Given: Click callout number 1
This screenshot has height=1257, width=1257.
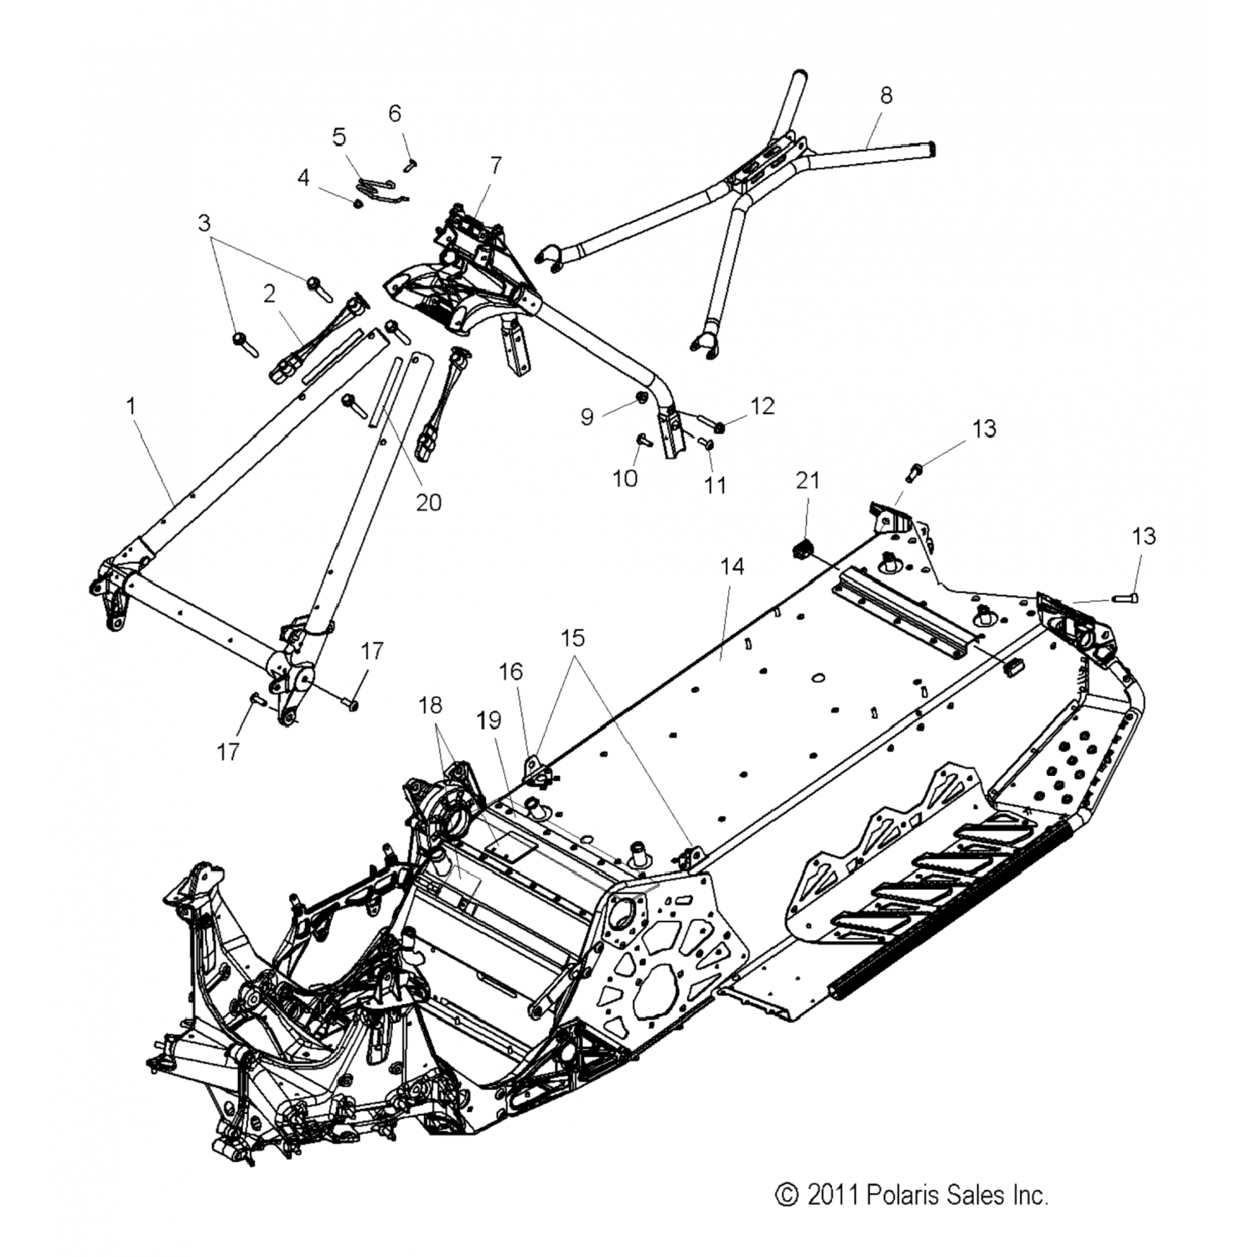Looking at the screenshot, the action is (131, 406).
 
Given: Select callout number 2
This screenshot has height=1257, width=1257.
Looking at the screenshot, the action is (269, 294).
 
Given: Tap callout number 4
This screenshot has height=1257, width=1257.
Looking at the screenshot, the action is (303, 178).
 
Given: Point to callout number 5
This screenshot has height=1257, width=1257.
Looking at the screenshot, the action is (339, 137).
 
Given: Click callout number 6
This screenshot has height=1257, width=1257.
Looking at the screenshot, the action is (395, 113).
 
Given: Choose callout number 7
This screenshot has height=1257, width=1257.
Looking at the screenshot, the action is (496, 165).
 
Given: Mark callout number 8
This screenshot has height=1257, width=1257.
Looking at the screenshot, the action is (886, 96).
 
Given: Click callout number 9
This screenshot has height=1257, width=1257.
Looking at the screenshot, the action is (587, 416).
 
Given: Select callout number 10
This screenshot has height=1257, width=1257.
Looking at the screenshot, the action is (625, 478).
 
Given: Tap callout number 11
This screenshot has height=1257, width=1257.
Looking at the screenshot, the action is (715, 484).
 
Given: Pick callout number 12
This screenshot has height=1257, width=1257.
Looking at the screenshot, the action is (763, 406).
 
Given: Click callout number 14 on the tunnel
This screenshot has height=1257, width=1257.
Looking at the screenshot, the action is (732, 567).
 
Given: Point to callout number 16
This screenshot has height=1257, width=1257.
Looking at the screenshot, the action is (510, 671).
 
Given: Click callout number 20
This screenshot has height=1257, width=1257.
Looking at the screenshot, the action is (428, 502).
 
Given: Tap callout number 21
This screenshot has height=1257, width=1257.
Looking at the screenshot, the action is (808, 480).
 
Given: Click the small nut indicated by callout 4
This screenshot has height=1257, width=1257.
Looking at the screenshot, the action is (358, 203).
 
